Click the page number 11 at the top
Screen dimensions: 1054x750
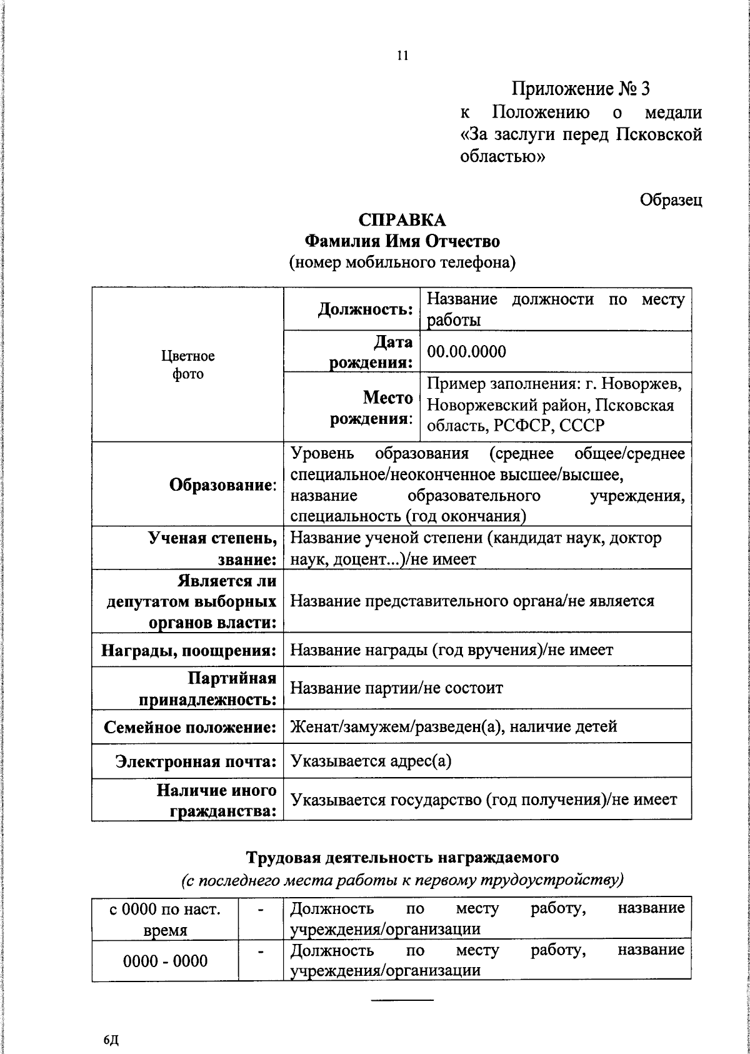[402, 56]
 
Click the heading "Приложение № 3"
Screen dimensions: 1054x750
[581, 89]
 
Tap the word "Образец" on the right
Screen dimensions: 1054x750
[671, 200]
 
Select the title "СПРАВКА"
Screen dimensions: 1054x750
[402, 220]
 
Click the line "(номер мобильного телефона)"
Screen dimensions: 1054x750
[402, 263]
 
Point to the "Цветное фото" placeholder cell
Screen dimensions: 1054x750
[187, 364]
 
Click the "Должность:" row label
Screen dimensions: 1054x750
[366, 309]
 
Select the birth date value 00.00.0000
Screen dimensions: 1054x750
[466, 351]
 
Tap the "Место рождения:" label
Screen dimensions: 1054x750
[372, 408]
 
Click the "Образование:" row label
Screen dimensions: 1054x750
[223, 484]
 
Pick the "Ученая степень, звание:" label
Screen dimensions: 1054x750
[212, 548]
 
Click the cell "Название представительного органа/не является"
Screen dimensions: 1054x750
[472, 601]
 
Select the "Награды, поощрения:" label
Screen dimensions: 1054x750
[189, 650]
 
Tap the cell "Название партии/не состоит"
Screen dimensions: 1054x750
[397, 688]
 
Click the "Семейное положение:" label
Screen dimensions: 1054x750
[190, 727]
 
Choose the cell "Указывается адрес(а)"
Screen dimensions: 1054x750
[371, 761]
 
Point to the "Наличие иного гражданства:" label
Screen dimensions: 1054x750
[216, 800]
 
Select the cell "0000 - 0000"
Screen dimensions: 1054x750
[165, 961]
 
